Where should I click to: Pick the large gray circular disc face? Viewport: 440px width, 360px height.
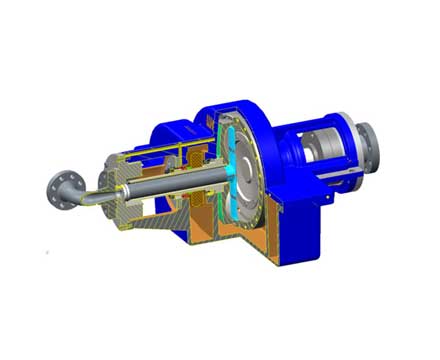click(x=247, y=175)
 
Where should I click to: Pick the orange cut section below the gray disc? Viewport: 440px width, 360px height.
click(x=240, y=235)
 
